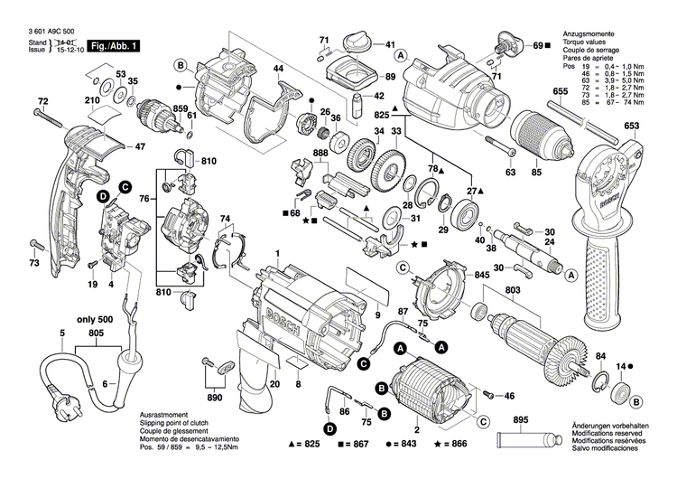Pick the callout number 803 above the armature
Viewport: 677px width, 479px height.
pyautogui.click(x=514, y=288)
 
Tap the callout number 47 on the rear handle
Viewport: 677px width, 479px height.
pyautogui.click(x=140, y=146)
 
